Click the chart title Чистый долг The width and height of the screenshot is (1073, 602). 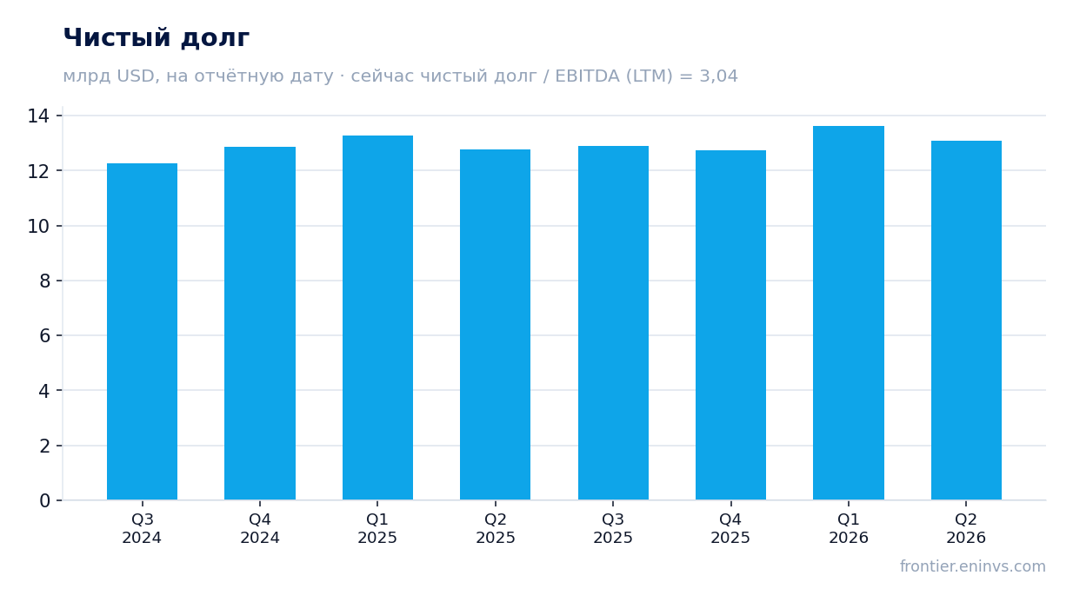click(x=157, y=38)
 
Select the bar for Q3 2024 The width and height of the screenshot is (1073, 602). click(x=142, y=332)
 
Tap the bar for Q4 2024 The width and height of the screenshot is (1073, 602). click(x=260, y=323)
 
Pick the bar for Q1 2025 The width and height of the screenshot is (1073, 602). click(x=377, y=318)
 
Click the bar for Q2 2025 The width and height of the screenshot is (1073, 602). click(x=495, y=324)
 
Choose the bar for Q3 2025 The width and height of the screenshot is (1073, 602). click(x=613, y=323)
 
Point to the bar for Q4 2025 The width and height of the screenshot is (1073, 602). click(x=730, y=325)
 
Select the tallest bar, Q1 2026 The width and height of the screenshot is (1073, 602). click(x=849, y=313)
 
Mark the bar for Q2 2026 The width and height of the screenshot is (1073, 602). click(x=966, y=321)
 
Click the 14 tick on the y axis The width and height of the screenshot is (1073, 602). click(x=38, y=116)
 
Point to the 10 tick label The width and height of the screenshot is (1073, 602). click(x=38, y=227)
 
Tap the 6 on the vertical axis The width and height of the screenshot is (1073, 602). click(x=44, y=336)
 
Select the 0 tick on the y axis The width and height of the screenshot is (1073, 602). click(x=44, y=501)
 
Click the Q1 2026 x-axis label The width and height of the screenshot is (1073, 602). click(x=849, y=528)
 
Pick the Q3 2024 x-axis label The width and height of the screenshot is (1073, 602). click(x=142, y=528)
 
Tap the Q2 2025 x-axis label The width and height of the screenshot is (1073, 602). click(x=495, y=528)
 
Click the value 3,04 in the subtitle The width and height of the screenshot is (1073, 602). click(x=718, y=76)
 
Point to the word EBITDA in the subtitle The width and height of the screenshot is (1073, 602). click(x=587, y=76)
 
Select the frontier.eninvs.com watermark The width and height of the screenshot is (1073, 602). click(x=972, y=566)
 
